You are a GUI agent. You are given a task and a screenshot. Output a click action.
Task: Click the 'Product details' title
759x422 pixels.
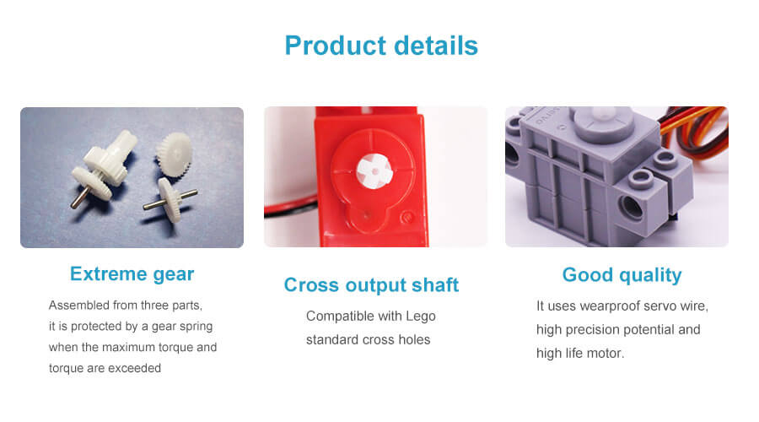381,46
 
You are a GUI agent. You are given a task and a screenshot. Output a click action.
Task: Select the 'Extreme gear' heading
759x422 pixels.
132,274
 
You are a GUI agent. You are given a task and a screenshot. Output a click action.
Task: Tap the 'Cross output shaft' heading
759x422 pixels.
371,285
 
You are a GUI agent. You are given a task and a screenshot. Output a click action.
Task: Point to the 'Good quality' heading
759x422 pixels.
622,275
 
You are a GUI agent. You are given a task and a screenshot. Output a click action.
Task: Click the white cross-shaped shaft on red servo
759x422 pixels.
374,170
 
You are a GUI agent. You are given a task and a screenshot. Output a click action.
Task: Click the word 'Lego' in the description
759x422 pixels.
421,316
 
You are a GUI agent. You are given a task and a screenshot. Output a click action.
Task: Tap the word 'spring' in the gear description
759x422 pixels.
195,327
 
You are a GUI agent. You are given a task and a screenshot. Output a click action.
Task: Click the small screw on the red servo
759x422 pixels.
407,218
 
